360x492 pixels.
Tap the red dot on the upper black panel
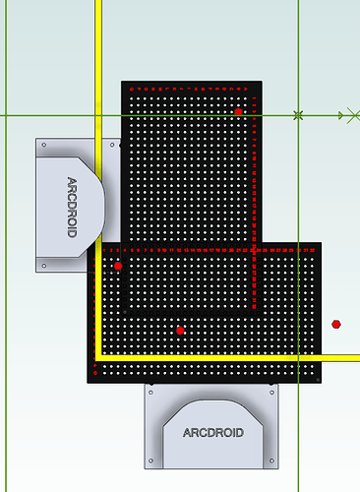238,112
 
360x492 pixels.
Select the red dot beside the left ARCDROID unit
118,266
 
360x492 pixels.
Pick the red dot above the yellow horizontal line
180,330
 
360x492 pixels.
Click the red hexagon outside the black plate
336,323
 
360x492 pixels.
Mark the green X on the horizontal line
298,115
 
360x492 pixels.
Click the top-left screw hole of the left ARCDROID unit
42,145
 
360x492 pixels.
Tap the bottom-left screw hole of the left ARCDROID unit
42,266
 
